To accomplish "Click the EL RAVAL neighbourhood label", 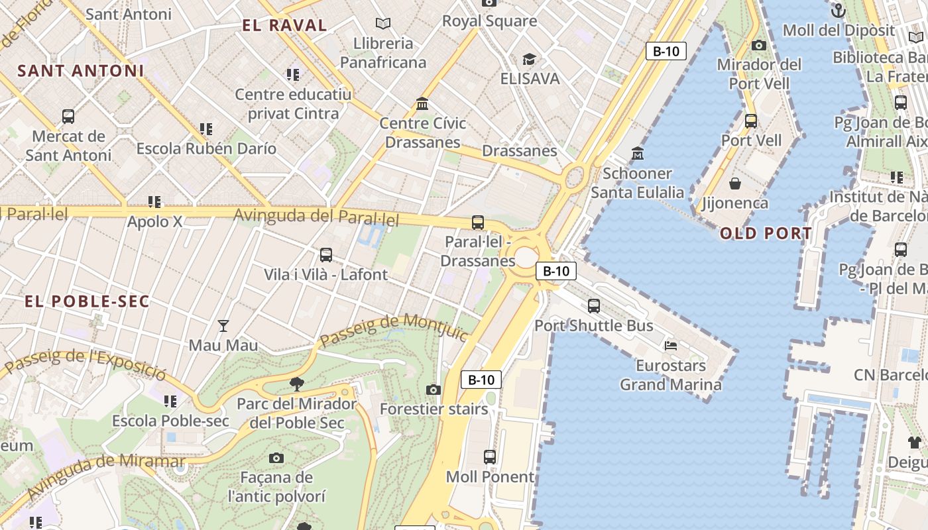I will [x=284, y=26].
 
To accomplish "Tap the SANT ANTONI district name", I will [x=80, y=71].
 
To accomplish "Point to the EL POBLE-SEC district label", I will [x=87, y=301].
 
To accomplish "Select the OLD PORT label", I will [x=766, y=233].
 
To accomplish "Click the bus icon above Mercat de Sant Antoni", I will [x=68, y=117].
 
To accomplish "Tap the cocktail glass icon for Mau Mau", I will [x=223, y=326].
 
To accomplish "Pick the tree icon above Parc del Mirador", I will [x=296, y=384].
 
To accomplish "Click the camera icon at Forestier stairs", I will [x=434, y=390].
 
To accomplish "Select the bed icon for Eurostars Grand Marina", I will [x=671, y=345].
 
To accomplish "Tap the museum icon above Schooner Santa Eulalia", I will [x=637, y=153].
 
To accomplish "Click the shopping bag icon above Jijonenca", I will [x=734, y=183].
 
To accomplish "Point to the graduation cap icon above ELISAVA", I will [x=529, y=60].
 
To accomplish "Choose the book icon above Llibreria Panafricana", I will [x=382, y=24].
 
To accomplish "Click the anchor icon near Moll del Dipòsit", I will [x=839, y=11].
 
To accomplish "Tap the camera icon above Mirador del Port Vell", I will [x=759, y=45].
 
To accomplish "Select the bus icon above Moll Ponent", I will [x=490, y=456].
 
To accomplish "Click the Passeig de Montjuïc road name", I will [x=395, y=329].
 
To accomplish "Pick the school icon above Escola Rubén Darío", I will [x=206, y=129].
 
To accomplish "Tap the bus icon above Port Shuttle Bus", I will [x=594, y=305].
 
